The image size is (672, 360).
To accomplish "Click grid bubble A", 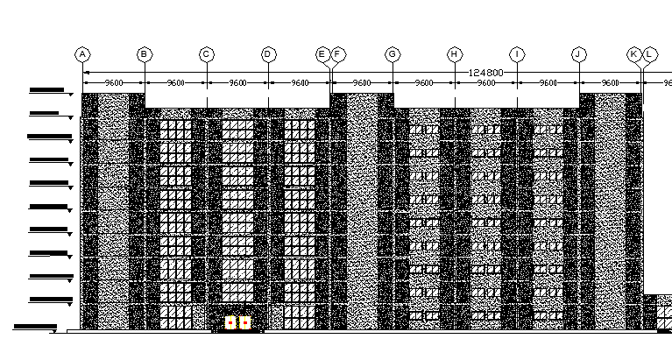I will point(82,54).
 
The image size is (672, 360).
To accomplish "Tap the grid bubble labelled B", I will point(145,54).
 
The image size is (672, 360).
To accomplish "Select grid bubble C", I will point(207,54).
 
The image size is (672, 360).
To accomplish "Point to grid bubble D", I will point(268,54).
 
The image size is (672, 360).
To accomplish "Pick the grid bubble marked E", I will point(322,54).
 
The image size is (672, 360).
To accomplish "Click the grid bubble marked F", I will point(338,54).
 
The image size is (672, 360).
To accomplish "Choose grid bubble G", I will point(393,54).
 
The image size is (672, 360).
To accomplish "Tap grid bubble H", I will point(455,54).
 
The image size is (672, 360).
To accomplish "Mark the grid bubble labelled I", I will point(517,54).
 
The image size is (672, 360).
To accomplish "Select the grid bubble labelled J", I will point(579,54).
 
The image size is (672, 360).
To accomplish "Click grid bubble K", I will point(633,54).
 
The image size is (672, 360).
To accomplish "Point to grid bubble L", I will point(649,54).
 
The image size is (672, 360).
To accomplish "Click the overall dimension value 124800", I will point(487,72).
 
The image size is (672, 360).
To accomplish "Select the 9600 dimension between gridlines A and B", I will point(114,83).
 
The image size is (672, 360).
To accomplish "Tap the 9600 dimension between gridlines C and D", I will point(237,83).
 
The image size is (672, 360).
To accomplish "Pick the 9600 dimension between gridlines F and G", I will point(362,83).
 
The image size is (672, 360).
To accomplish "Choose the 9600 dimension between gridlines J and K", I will point(610,83).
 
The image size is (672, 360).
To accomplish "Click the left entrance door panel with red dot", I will point(230,323).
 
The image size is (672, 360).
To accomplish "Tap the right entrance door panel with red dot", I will point(245,323).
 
